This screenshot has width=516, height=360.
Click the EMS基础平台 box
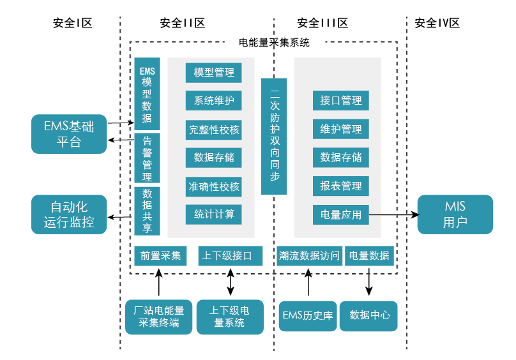(x=69, y=134)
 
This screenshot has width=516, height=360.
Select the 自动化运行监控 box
(x=69, y=214)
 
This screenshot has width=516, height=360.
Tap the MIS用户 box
(x=455, y=214)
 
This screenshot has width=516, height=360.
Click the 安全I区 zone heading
(x=72, y=23)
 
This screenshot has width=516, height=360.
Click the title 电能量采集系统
(x=274, y=43)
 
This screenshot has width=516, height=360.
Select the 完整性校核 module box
(x=214, y=130)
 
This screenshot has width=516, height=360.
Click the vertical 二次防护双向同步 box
(x=274, y=136)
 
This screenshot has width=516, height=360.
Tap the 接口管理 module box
(x=341, y=101)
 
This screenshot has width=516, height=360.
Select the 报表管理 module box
(x=341, y=186)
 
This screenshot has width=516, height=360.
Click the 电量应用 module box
(x=341, y=215)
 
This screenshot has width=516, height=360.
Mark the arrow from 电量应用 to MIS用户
(x=393, y=215)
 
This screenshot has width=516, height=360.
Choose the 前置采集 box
(x=160, y=256)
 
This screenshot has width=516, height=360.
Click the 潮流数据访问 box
(x=310, y=256)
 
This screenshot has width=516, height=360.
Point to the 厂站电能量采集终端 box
(x=158, y=317)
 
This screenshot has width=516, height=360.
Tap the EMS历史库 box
(x=308, y=316)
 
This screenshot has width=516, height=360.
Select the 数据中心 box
(x=368, y=316)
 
